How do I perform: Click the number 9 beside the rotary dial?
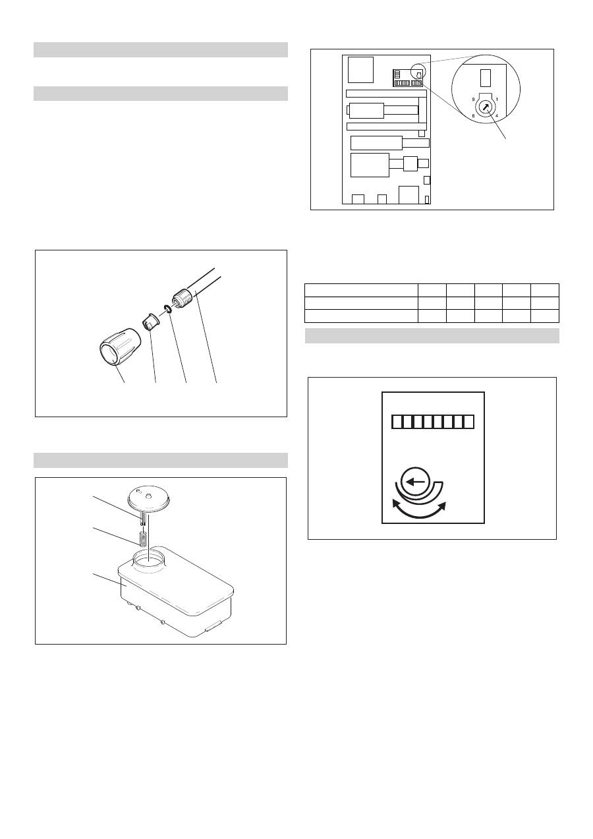click(x=473, y=100)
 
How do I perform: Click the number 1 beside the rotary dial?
click(x=497, y=100)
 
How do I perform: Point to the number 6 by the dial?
click(x=473, y=116)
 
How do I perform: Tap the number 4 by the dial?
click(x=497, y=116)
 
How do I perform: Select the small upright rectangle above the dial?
click(x=485, y=78)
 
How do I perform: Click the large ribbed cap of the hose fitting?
click(x=120, y=347)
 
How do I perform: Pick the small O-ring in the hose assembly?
click(x=167, y=309)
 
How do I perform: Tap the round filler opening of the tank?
click(x=149, y=562)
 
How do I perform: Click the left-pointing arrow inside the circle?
click(x=415, y=482)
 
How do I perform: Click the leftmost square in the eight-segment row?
click(x=397, y=422)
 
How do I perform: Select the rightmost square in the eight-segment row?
click(x=468, y=422)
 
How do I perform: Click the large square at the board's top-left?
click(x=360, y=70)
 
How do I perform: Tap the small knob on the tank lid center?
click(x=149, y=496)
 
